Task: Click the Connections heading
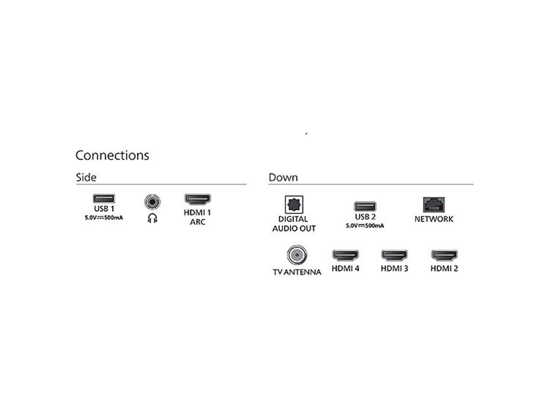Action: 112,155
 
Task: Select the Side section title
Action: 86,177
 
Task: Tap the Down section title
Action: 283,177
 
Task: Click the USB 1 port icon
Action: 104,199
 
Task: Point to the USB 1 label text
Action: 104,209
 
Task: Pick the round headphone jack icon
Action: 153,202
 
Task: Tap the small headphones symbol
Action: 153,218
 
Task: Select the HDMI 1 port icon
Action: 197,199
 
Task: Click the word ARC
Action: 197,222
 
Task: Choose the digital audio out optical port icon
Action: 294,205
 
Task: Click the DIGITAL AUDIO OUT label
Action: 294,224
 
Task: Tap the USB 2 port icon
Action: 365,207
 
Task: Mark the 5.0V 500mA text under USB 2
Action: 365,225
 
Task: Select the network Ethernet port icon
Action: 434,205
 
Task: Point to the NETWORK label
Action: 434,219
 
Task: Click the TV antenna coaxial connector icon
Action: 297,255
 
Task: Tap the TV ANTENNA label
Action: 297,272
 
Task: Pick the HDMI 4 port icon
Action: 345,255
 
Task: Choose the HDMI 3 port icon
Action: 394,255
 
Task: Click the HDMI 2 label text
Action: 444,269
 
